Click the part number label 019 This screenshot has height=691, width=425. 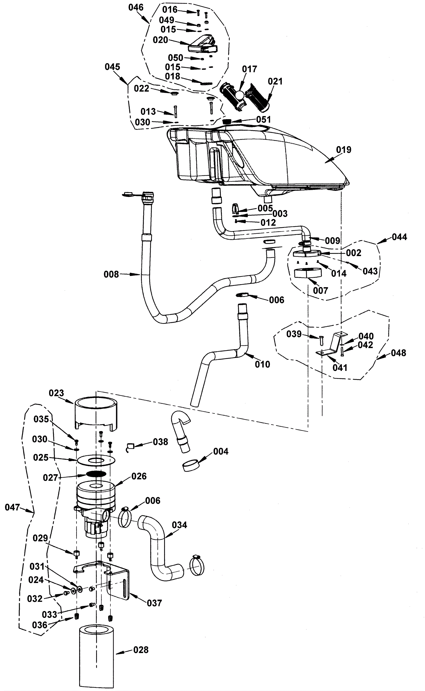(x=343, y=149)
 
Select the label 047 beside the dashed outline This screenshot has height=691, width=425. (x=12, y=507)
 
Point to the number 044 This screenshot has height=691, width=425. (x=399, y=237)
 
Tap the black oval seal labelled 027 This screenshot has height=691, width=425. (x=96, y=474)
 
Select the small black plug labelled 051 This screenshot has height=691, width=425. (x=227, y=121)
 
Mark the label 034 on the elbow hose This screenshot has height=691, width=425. (x=179, y=525)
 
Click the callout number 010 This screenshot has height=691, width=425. (x=262, y=364)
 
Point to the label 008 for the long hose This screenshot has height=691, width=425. (x=111, y=274)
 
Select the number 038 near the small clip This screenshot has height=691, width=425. (x=160, y=442)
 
